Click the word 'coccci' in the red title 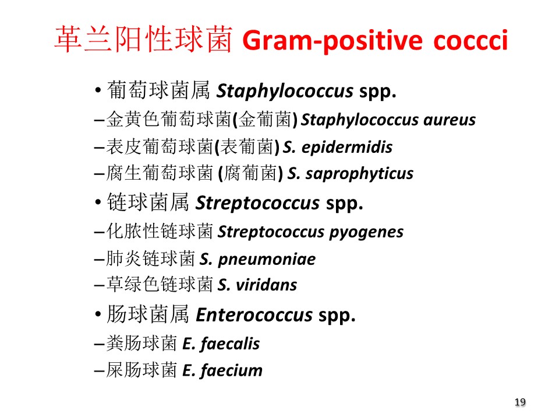point(470,40)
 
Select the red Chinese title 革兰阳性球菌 point(144,39)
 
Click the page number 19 point(520,402)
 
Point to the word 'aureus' point(450,120)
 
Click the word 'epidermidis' point(347,147)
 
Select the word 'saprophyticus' point(359,174)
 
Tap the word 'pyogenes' point(366,233)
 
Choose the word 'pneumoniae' point(267,260)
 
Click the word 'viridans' point(267,285)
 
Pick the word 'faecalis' point(230,344)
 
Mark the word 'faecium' point(231,370)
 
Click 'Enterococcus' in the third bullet point(254,315)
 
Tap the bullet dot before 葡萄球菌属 point(98,90)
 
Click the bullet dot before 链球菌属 point(98,202)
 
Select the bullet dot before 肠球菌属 point(98,314)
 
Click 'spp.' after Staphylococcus point(377,92)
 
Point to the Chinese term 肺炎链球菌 point(151,258)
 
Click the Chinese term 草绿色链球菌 point(160,284)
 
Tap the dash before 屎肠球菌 point(99,372)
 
